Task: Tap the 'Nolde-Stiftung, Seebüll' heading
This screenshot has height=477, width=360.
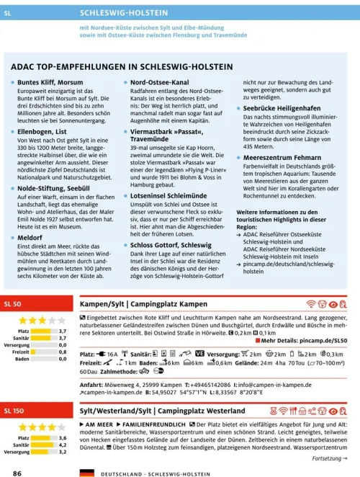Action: (x=55, y=187)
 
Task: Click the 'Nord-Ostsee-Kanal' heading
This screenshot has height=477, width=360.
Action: (x=159, y=84)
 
